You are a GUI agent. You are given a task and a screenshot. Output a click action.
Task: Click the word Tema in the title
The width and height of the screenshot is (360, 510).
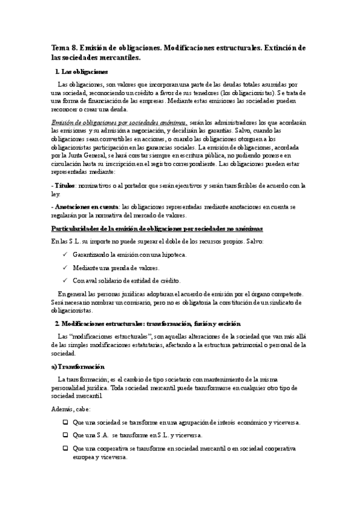click(x=60, y=48)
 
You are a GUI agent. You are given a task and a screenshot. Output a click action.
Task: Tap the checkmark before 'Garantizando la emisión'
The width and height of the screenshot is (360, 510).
click(x=65, y=255)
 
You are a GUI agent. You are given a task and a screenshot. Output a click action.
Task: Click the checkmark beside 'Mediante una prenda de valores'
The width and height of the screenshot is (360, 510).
click(x=65, y=268)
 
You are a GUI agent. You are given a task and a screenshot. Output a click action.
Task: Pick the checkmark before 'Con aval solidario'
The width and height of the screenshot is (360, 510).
click(x=65, y=281)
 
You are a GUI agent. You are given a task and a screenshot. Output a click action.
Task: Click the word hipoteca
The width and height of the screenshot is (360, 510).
click(x=172, y=255)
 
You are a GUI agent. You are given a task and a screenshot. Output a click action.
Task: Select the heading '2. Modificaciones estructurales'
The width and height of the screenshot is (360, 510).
click(x=147, y=324)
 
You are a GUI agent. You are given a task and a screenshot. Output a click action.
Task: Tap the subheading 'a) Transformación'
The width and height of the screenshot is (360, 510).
click(x=78, y=366)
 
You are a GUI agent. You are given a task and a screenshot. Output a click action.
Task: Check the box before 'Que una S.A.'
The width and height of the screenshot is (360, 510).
click(x=65, y=435)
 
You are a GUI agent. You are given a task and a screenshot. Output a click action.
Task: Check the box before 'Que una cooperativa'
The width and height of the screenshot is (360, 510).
click(x=65, y=449)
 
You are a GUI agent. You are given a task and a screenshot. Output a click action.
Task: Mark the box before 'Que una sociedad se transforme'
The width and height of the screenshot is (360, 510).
click(x=65, y=422)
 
